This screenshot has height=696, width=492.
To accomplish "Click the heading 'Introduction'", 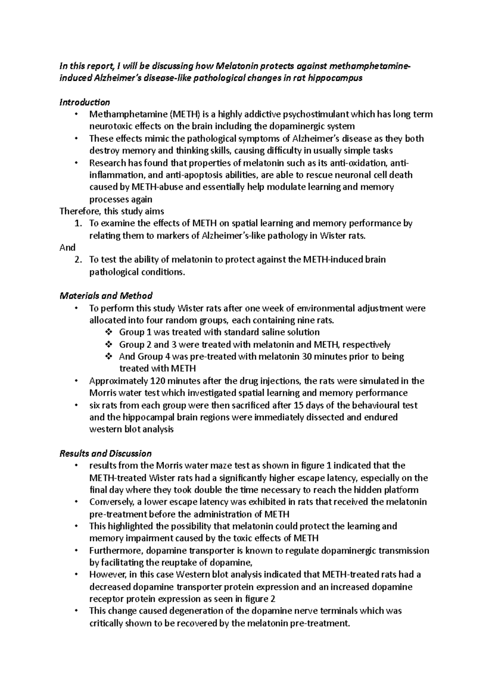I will (x=84, y=102).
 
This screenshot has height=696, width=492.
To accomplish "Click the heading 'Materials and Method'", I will (x=106, y=296).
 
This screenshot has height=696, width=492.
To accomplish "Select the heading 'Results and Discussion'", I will (x=105, y=453).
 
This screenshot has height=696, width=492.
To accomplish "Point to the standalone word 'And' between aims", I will (x=67, y=248).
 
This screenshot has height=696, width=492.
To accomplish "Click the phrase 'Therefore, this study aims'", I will (x=112, y=212).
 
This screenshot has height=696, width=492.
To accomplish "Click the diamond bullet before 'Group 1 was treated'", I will (x=108, y=332).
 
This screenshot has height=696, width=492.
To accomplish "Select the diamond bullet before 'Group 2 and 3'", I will (x=108, y=344).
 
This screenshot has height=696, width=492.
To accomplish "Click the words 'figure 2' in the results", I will (x=260, y=598).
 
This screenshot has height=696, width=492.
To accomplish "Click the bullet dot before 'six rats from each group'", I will (x=76, y=405).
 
